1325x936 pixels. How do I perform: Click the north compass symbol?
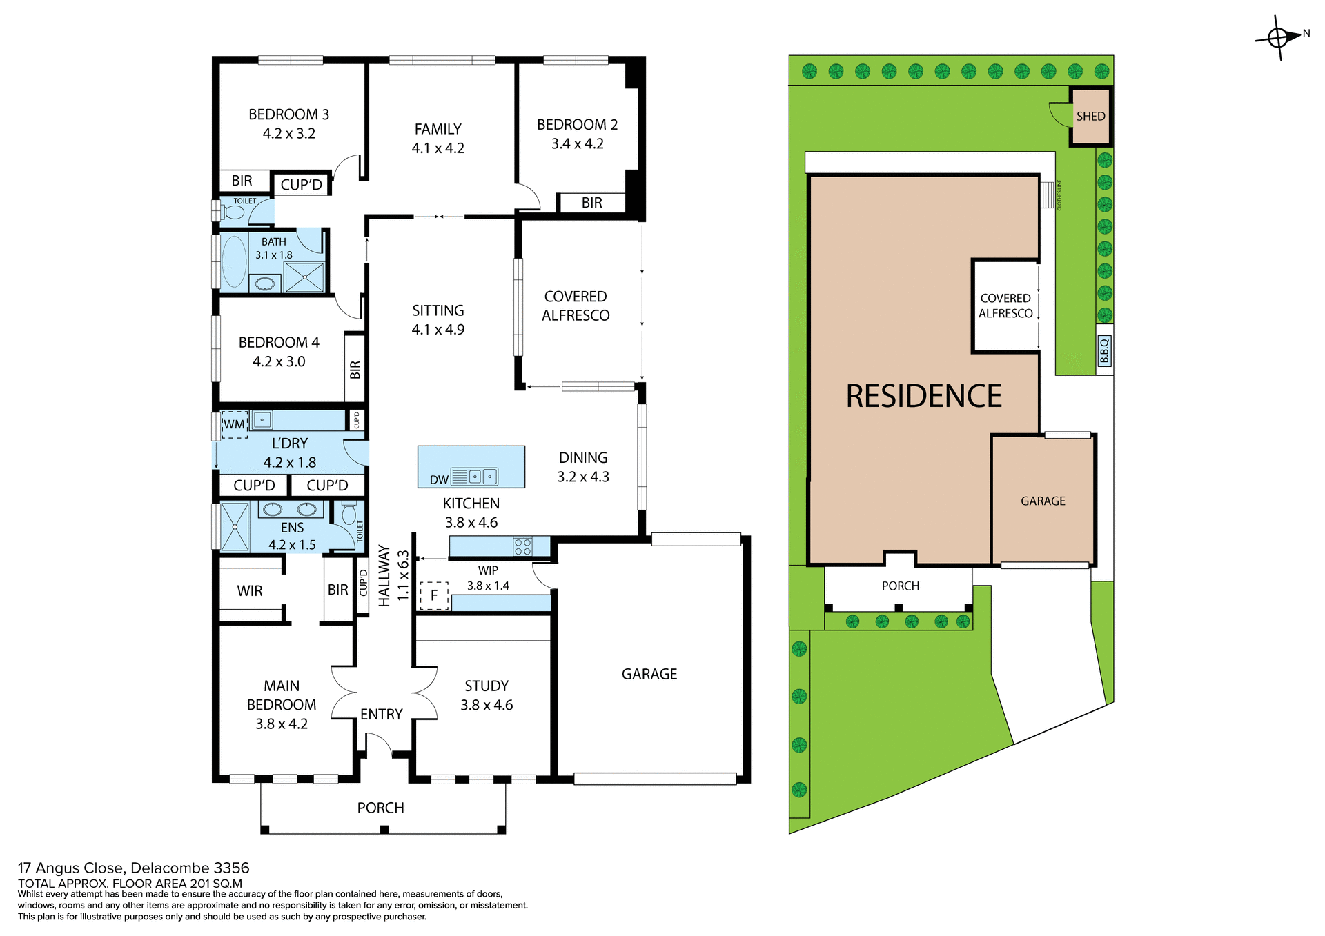tap(1279, 37)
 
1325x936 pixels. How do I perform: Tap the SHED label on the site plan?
tap(1090, 117)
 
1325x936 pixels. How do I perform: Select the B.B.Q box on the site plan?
tap(1104, 350)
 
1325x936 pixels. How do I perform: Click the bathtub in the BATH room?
tap(235, 261)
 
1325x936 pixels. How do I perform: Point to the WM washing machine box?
tap(234, 424)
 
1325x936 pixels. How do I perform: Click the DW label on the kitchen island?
tap(439, 479)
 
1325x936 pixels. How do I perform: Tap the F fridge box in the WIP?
tap(434, 595)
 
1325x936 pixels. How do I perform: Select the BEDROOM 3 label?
tap(288, 114)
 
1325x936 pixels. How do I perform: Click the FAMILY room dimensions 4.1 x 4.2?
tap(438, 148)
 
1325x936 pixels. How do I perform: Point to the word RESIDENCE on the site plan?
tap(923, 397)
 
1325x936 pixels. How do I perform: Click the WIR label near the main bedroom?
tap(249, 591)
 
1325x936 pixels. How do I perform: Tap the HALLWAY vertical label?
tap(384, 576)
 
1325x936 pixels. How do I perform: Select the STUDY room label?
tap(487, 686)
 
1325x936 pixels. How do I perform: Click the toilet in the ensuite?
tap(349, 513)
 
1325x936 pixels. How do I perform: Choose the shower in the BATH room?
tap(304, 277)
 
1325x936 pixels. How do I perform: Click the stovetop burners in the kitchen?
tap(522, 547)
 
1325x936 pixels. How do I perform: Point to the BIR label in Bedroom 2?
tap(591, 203)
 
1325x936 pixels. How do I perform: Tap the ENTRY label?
tap(381, 715)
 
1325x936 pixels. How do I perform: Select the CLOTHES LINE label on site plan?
tap(1059, 195)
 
